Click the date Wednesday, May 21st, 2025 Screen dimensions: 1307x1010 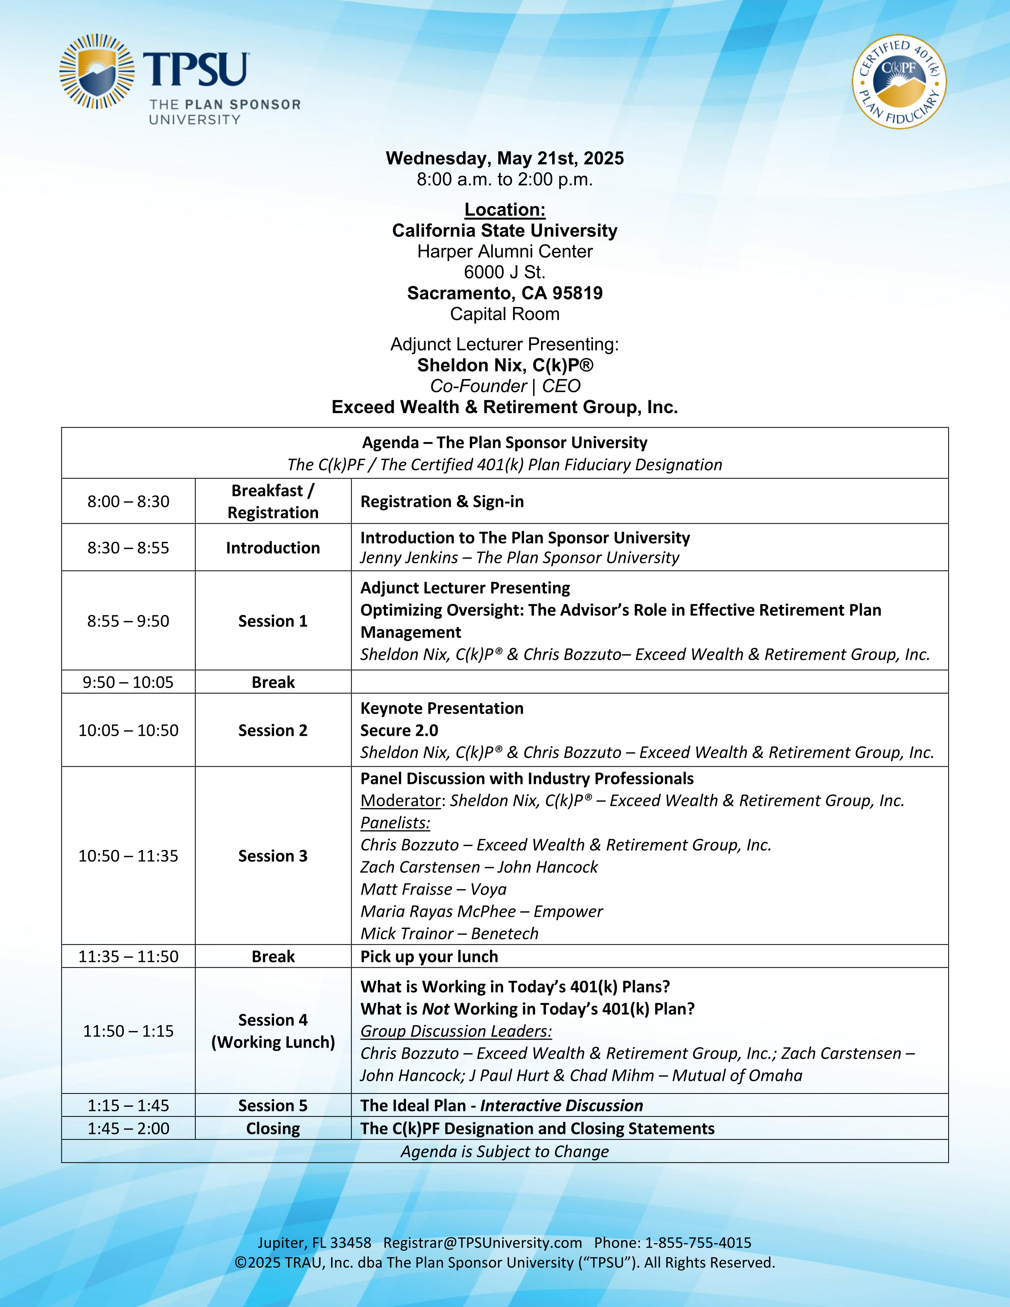504,158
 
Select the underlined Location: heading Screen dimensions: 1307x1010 504,210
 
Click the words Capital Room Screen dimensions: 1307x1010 504,314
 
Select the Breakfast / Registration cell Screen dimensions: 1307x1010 273,501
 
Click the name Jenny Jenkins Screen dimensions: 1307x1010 409,558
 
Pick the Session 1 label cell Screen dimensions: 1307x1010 273,621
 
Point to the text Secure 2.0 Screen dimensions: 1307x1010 399,731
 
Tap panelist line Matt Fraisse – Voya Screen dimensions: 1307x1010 433,889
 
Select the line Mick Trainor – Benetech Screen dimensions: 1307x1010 449,934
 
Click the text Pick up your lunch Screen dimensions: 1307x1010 429,956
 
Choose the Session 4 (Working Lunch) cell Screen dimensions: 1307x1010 273,1031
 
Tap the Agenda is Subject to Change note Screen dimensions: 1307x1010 504,1151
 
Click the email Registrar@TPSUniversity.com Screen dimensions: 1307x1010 482,1243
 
